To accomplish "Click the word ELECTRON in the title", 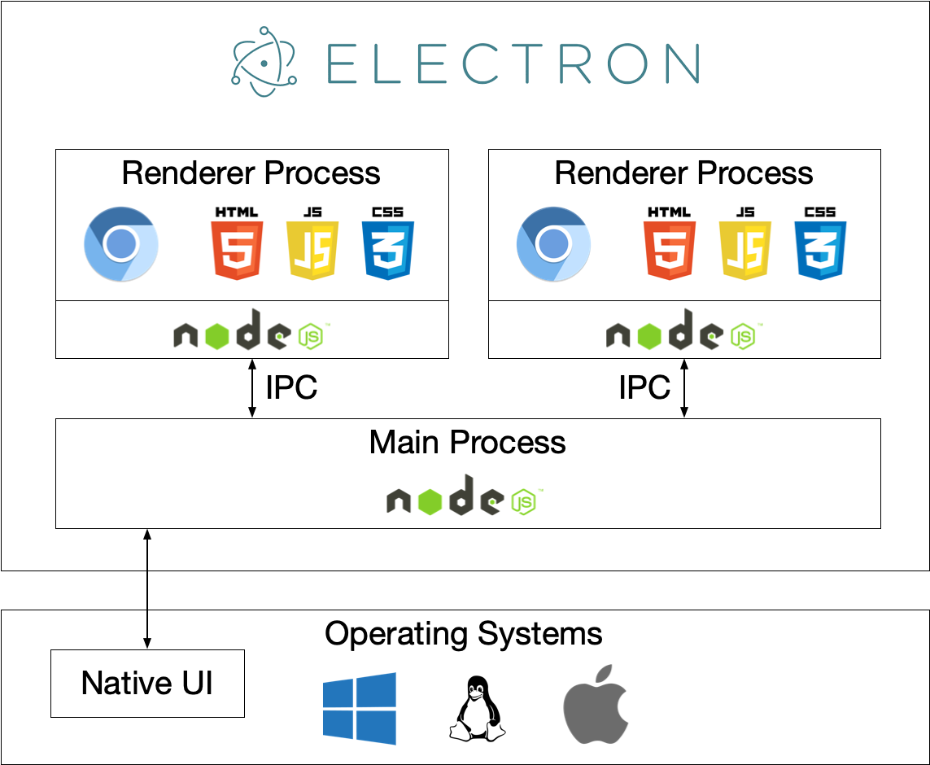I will tap(513, 63).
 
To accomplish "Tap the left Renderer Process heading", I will tap(251, 173).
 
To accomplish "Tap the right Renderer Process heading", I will tap(683, 173).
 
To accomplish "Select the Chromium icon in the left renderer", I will tap(121, 244).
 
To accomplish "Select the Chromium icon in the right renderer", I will tap(554, 244).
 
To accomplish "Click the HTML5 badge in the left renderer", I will tap(237, 243).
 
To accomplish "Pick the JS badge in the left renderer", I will tap(312, 243).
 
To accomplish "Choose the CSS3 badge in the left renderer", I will tap(388, 243).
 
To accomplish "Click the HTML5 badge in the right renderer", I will tap(670, 243).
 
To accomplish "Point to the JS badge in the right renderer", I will tap(745, 243).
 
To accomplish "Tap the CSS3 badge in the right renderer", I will tap(820, 243).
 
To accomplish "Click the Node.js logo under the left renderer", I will tap(252, 330).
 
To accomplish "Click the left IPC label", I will tap(291, 388).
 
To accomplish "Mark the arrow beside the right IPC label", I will tap(684, 388).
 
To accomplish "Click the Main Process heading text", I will tap(467, 443).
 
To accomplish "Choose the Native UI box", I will tap(147, 683).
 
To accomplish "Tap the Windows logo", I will tap(359, 707).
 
